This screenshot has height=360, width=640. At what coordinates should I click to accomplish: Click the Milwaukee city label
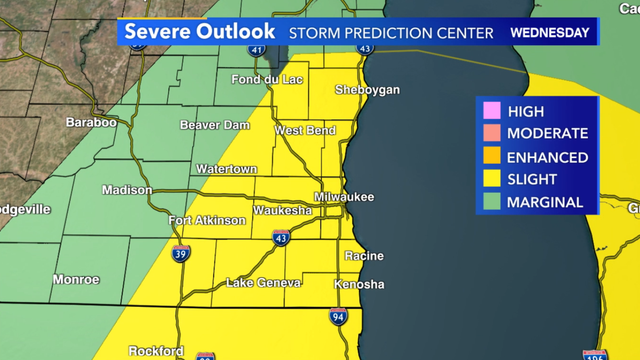tap(344, 197)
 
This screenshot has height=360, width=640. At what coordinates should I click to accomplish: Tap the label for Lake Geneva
tap(264, 284)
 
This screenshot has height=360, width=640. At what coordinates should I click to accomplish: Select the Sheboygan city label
tap(368, 90)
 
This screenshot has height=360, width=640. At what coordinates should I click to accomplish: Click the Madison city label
tap(127, 190)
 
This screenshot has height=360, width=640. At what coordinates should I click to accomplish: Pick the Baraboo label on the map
tap(92, 122)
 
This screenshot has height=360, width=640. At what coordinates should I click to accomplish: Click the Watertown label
tap(227, 169)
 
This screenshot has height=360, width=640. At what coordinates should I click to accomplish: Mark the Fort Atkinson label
tap(207, 220)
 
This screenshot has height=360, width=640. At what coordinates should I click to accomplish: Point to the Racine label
tap(364, 256)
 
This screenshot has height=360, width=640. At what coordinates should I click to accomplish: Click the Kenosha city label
tap(359, 285)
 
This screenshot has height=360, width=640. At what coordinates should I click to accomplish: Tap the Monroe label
tap(76, 279)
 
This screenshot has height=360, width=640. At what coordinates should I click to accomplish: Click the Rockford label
tap(155, 351)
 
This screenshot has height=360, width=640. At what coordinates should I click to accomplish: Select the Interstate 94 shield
tap(339, 317)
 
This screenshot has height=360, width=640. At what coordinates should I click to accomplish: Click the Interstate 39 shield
tap(180, 254)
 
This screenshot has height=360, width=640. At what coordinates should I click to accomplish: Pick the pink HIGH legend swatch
tap(491, 112)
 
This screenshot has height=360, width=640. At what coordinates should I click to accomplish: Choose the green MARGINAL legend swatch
tap(491, 202)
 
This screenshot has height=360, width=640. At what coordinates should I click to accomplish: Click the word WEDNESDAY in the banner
tap(549, 32)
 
